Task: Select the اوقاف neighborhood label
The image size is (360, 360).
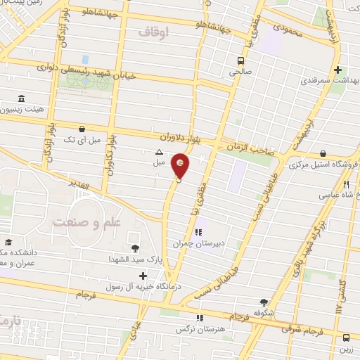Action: point(154,33)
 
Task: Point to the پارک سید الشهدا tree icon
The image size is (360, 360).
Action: point(134,247)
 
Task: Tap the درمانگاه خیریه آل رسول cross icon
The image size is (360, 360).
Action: point(143,276)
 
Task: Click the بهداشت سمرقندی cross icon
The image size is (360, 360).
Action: point(339,70)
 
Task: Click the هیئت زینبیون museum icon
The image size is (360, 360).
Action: point(21,98)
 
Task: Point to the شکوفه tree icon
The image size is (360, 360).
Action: point(264,302)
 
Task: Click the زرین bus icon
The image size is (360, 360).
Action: point(347,337)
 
